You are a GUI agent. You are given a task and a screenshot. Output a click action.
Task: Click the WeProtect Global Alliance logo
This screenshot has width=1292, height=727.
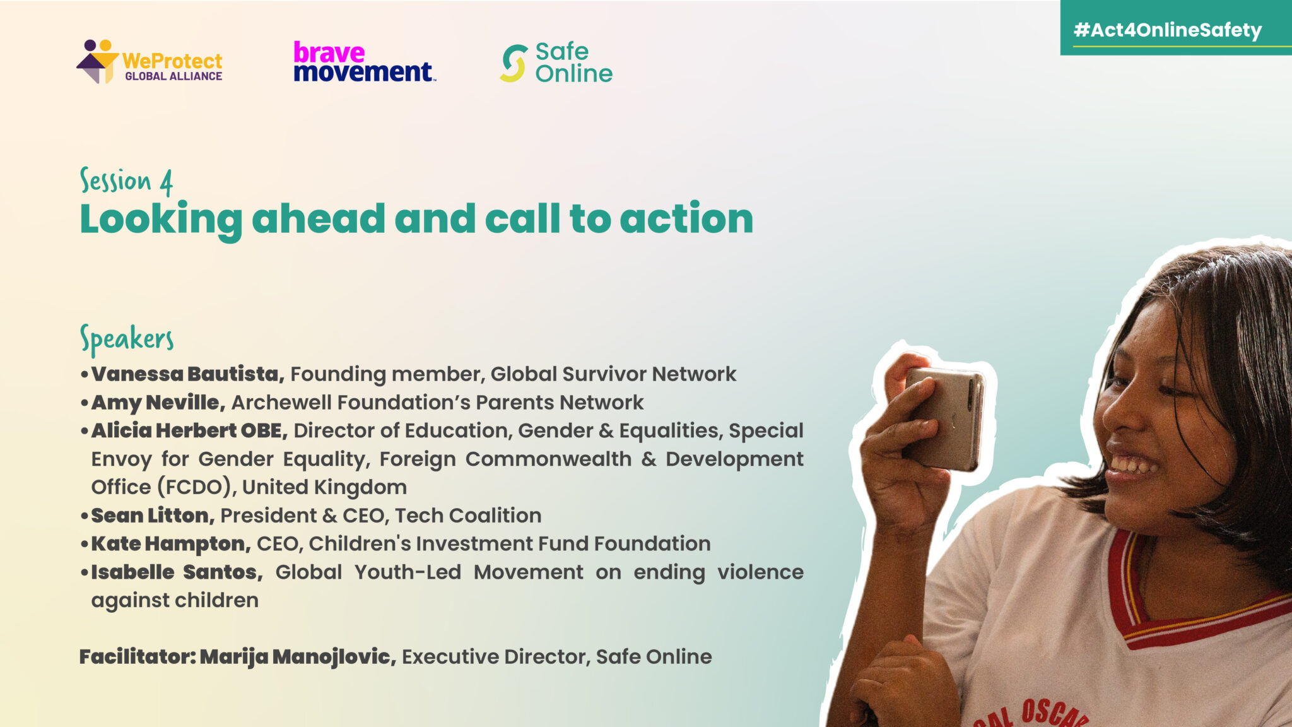point(150,62)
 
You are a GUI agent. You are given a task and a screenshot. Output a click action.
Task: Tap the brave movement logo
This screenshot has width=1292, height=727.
point(365,62)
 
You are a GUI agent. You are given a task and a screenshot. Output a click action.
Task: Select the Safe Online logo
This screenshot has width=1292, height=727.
point(556,62)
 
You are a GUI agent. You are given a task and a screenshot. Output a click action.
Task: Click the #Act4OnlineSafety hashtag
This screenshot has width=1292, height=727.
point(1167,30)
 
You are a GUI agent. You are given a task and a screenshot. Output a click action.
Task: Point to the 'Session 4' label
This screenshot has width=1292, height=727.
point(126,182)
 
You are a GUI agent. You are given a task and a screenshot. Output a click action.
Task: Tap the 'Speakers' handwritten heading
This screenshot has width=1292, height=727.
point(127,340)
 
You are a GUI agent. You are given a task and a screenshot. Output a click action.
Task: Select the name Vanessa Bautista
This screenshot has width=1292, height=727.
point(187,374)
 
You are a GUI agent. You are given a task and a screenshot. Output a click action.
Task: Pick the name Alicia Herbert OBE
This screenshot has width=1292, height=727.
point(189,430)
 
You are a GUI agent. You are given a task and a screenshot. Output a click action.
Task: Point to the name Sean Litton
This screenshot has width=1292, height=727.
point(153,515)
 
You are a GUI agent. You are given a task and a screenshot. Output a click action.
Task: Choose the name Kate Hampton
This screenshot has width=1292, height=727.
point(171,543)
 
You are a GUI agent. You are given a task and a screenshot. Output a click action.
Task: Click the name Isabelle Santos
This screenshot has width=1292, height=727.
point(177,572)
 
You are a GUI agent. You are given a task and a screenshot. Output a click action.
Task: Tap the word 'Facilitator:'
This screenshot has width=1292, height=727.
point(138,656)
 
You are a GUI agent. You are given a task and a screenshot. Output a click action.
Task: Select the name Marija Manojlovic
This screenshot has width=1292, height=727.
point(298,657)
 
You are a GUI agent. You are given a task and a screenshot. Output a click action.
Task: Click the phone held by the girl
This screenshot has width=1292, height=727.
point(944,418)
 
